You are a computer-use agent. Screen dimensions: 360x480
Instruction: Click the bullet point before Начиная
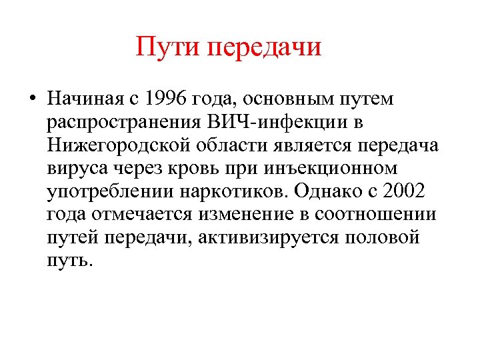click(x=32, y=101)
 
